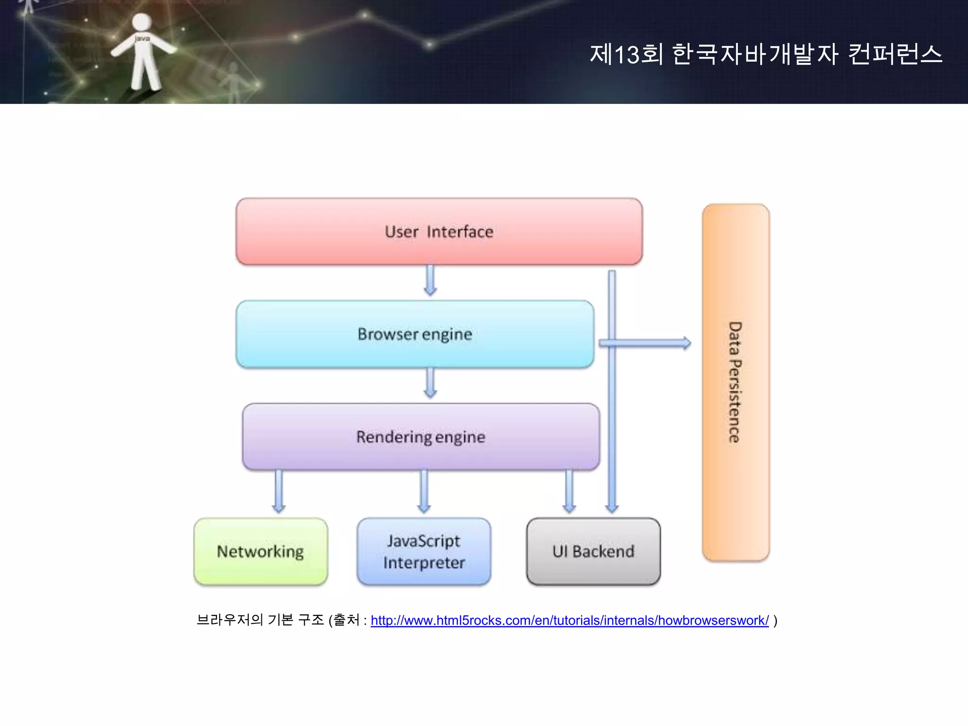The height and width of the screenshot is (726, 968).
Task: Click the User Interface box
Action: click(x=439, y=232)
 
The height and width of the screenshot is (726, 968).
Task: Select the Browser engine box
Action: click(x=415, y=334)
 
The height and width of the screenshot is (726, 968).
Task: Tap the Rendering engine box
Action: click(x=421, y=437)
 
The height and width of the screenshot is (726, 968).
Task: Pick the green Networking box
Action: click(x=260, y=552)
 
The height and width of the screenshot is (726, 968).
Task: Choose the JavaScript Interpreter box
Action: click(x=424, y=552)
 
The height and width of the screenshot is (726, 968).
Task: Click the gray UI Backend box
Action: click(x=593, y=552)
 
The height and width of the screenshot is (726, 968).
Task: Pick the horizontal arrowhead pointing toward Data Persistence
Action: click(x=685, y=343)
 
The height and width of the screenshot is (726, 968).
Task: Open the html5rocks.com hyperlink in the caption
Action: click(x=570, y=620)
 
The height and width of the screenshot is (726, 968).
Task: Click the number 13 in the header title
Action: click(x=627, y=54)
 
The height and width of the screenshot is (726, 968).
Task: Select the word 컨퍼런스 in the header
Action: click(x=895, y=54)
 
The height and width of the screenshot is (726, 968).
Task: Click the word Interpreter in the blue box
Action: click(x=424, y=563)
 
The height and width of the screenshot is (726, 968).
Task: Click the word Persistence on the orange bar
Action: click(x=735, y=402)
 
